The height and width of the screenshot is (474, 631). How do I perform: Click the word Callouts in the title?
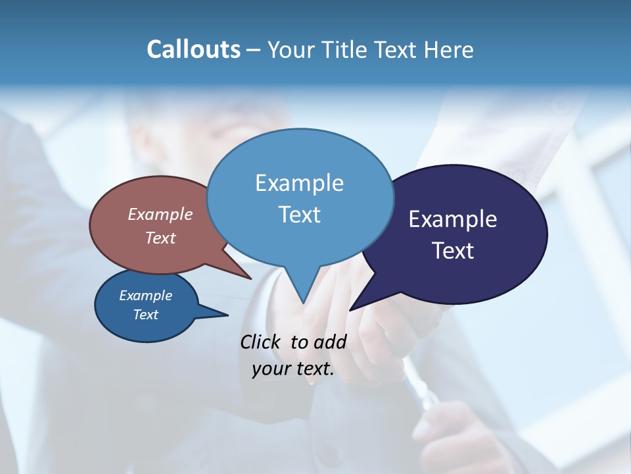point(193,49)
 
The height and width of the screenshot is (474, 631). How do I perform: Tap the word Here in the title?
point(448,49)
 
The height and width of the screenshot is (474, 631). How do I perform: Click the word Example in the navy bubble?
point(453,219)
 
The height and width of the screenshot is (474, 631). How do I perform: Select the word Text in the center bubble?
point(300,215)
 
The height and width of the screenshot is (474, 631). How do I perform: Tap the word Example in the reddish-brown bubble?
point(160,215)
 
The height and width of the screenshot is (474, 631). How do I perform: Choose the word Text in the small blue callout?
point(146,315)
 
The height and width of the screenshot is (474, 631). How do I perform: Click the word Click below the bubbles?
point(261,342)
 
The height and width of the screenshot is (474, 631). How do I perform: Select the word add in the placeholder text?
point(329,342)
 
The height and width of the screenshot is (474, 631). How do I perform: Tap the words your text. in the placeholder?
point(293,369)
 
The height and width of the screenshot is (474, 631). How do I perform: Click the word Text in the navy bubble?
point(453,251)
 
